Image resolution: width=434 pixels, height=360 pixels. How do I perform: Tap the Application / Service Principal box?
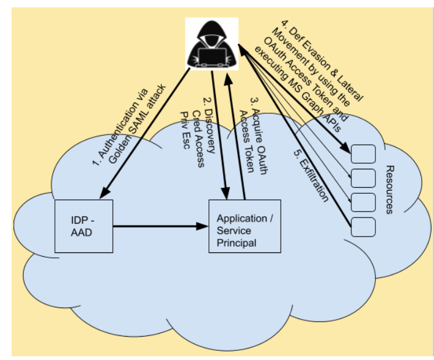point(245,226)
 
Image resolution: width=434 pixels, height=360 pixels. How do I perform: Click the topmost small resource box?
point(364,153)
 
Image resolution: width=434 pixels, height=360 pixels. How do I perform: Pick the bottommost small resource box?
point(364,227)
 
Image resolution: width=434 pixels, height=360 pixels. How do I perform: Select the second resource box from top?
point(364,178)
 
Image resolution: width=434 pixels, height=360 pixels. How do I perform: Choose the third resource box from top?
point(364,202)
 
